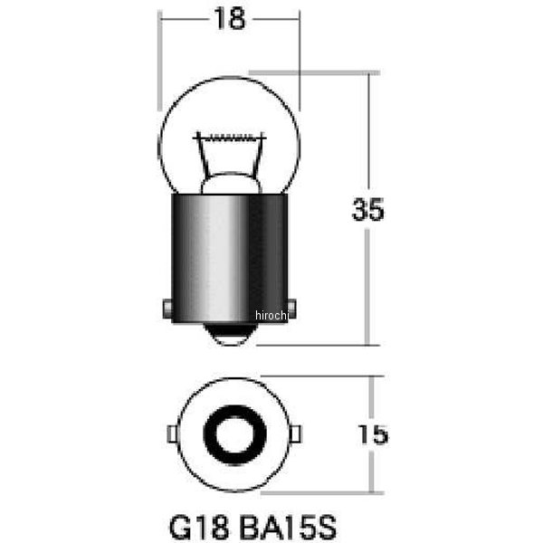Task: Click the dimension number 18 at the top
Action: pos(230,19)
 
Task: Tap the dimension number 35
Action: pos(367,210)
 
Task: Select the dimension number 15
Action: pos(373,434)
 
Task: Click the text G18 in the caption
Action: pos(199,527)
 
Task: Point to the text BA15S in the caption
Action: pos(288,527)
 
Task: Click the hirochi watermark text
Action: pos(271,315)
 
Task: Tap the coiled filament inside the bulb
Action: pos(230,138)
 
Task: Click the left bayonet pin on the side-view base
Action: pos(167,309)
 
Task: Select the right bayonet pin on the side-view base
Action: pos(292,309)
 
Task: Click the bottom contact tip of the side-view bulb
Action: pos(230,335)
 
